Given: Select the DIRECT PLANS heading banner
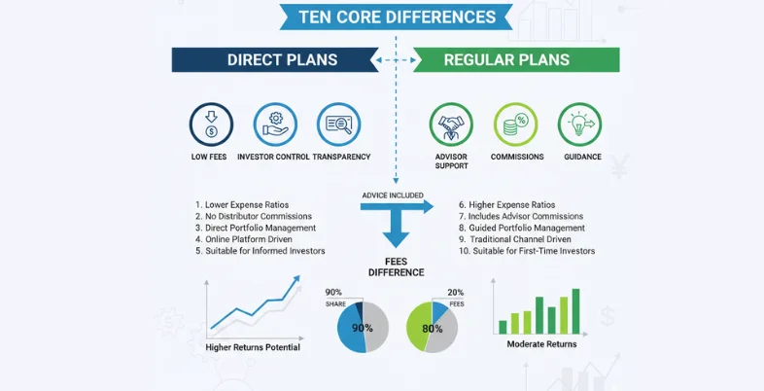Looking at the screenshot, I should [282, 59].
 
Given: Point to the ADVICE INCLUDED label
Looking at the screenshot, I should [392, 195].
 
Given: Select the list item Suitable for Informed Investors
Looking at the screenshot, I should [260, 251].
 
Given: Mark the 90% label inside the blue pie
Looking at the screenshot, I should [362, 329].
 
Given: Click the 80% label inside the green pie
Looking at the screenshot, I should [431, 329].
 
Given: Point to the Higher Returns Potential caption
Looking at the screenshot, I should [253, 347].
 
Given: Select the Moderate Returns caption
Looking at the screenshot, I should [541, 343].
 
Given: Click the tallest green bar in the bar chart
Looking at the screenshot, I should [575, 310].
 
